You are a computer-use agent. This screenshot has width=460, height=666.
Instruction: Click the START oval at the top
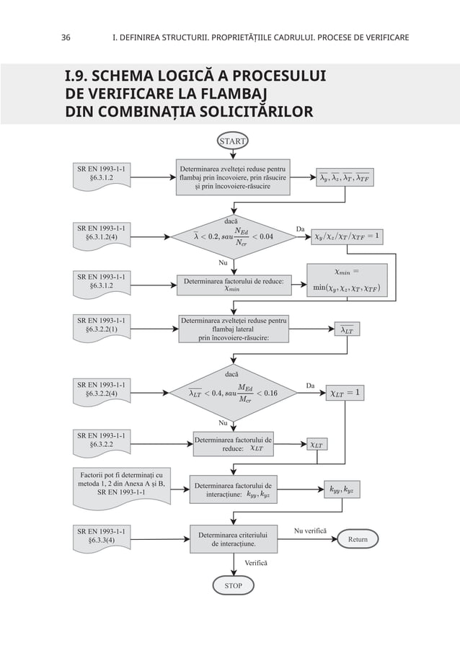click(x=232, y=141)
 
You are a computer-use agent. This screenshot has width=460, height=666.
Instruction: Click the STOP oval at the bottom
click(x=233, y=586)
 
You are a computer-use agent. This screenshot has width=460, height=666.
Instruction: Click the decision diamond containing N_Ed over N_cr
click(x=233, y=234)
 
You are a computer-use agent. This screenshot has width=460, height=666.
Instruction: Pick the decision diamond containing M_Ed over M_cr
click(x=233, y=393)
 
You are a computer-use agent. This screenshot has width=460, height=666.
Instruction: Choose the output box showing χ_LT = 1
click(x=345, y=393)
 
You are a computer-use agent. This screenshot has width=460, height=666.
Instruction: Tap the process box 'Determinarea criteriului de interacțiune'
click(x=233, y=540)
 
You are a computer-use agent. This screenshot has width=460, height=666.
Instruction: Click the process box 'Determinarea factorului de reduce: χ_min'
click(x=233, y=284)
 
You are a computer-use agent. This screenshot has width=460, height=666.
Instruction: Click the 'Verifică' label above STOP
click(x=255, y=561)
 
